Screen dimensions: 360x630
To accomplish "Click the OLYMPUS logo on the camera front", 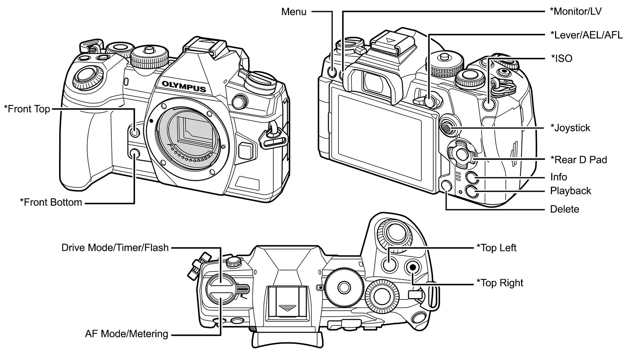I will pyautogui.click(x=183, y=86).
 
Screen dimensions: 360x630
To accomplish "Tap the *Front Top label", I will pyautogui.click(x=27, y=109).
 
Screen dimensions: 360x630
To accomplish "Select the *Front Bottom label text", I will pyautogui.click(x=51, y=202).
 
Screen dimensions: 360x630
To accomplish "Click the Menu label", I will pyautogui.click(x=294, y=12).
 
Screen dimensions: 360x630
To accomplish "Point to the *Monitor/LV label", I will pyautogui.click(x=575, y=12).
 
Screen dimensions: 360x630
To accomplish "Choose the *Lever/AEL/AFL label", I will pyautogui.click(x=586, y=35).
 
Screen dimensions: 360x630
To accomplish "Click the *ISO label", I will pyautogui.click(x=562, y=58).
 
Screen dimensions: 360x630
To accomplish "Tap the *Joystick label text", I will pyautogui.click(x=570, y=128).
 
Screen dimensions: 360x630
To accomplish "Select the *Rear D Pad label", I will pyautogui.click(x=579, y=160).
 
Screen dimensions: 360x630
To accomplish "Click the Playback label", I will pyautogui.click(x=570, y=191).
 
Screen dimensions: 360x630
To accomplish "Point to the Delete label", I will pyautogui.click(x=565, y=209).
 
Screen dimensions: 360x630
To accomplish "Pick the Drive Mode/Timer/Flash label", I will pyautogui.click(x=115, y=248).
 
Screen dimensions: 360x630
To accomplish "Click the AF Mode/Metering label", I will pyautogui.click(x=127, y=334).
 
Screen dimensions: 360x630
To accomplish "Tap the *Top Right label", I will pyautogui.click(x=500, y=283).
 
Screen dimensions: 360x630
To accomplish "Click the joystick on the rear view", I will pyautogui.click(x=447, y=128).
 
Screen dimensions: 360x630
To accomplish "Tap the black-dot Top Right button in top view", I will pyautogui.click(x=413, y=267).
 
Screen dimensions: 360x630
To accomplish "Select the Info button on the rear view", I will pyautogui.click(x=471, y=178).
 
